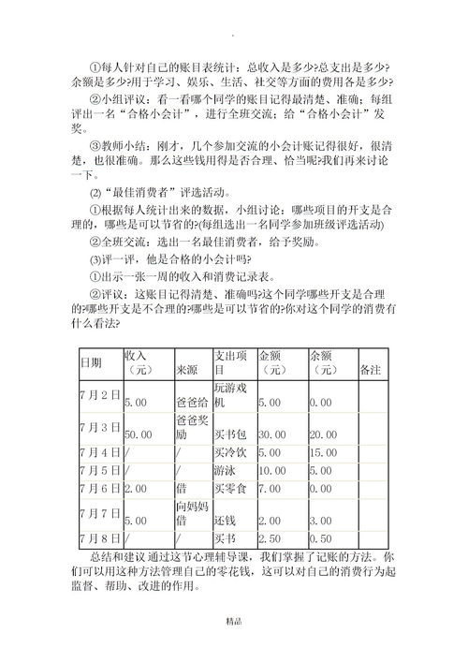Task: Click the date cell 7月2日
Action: tap(100, 395)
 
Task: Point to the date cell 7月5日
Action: tap(100, 470)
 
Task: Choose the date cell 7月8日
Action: tap(100, 538)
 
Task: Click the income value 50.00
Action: tap(138, 434)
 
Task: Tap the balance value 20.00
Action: tap(323, 434)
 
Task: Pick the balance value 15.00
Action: tap(323, 453)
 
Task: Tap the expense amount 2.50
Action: tap(269, 538)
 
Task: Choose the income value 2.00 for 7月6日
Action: tap(136, 488)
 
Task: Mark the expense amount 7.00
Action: tap(269, 488)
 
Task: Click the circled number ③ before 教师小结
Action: tap(95, 146)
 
